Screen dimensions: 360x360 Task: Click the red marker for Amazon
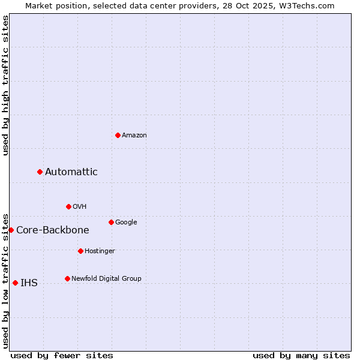coord(118,135)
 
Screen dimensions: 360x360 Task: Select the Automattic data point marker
coord(40,172)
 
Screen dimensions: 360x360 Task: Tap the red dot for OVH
coord(68,206)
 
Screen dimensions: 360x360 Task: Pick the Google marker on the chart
coord(111,222)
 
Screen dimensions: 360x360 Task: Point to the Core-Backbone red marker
coord(11,230)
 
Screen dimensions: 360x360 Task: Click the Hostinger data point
coord(80,251)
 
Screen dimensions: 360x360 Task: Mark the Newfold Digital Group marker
coord(67,278)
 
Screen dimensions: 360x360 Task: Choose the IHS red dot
coord(15,283)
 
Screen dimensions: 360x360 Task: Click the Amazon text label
coord(134,136)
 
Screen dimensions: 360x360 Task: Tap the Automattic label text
coord(71,172)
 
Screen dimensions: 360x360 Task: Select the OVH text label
coord(80,207)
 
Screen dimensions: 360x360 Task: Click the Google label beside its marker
coord(126,223)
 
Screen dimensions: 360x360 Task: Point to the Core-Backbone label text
coord(53,230)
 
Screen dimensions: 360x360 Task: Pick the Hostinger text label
coord(100,251)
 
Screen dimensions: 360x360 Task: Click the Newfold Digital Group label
coord(106,279)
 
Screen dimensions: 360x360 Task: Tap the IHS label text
coord(29,283)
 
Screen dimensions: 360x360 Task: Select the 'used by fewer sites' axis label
coord(62,355)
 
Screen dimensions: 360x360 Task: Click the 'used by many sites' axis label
coord(301,355)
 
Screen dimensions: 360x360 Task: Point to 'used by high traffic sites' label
coord(5,85)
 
